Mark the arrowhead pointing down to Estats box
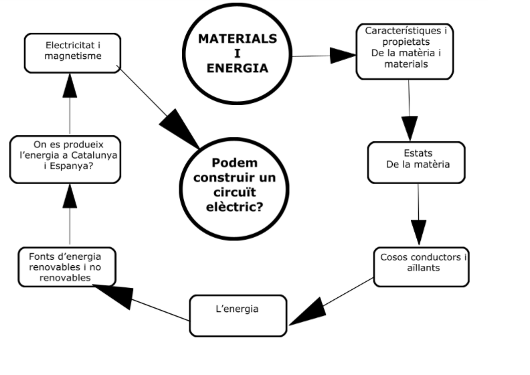point(409,129)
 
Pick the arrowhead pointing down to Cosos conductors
point(420,231)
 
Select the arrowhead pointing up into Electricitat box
point(70,84)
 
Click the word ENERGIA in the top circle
point(238,68)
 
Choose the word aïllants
point(424,268)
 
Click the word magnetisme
point(73,56)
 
